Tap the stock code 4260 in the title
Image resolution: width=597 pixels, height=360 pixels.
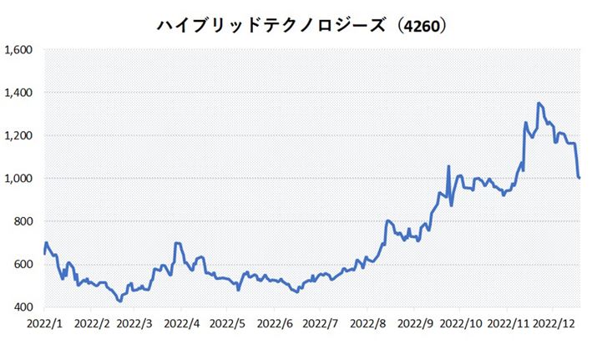click(x=420, y=26)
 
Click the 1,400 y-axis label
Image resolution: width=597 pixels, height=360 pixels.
click(x=18, y=93)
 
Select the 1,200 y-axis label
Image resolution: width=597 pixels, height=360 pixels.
click(x=18, y=135)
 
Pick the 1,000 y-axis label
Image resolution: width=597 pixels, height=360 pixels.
click(x=18, y=179)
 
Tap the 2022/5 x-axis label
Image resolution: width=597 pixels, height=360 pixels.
click(x=228, y=322)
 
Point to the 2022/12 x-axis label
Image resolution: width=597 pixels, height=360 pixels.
click(x=555, y=322)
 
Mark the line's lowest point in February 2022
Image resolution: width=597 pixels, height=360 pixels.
click(x=120, y=301)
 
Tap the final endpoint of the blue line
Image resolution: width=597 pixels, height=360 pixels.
click(x=579, y=177)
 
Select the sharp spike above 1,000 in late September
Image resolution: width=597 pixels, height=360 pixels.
click(x=449, y=166)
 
